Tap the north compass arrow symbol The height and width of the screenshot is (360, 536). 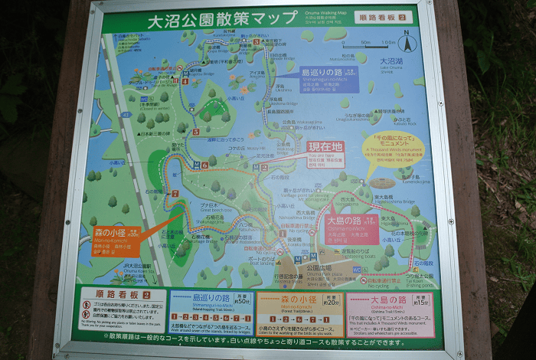coord(407,42)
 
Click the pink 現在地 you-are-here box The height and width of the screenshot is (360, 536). coord(325,153)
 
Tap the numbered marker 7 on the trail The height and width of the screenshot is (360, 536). coord(175,194)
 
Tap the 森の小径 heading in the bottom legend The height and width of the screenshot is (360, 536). coord(288,299)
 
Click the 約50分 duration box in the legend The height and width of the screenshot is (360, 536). coord(243,299)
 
